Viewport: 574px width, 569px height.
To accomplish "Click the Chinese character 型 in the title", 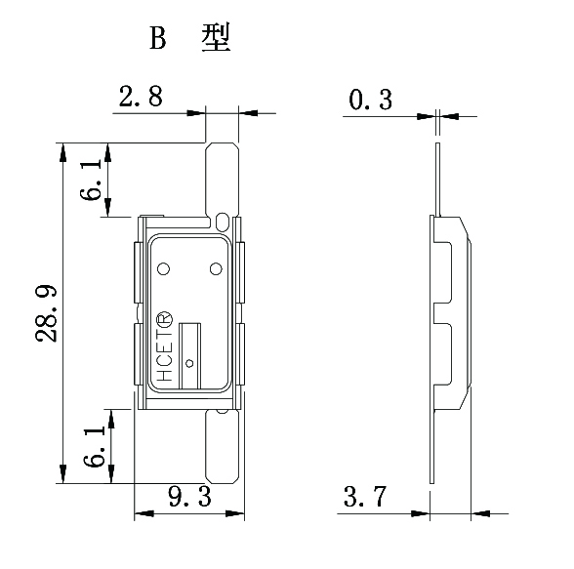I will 215,38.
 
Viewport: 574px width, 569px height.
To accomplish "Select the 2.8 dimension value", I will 140,97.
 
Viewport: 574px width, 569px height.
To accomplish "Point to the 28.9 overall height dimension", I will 45,313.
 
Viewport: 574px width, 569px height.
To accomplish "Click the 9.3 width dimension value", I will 189,498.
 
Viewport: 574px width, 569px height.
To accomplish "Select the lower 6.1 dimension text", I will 94,445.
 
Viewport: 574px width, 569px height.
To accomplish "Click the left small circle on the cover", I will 163,268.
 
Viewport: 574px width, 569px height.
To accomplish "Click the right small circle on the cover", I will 216,267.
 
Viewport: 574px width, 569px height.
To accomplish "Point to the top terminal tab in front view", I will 224,176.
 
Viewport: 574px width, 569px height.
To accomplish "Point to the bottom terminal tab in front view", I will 224,445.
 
